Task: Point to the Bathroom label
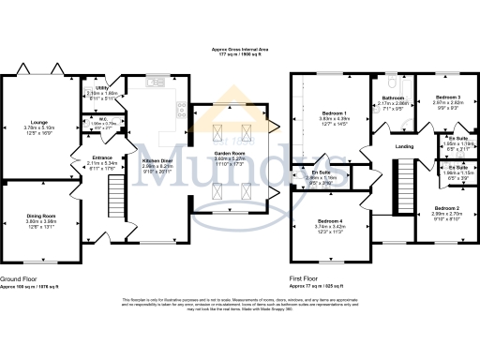tap(392, 97)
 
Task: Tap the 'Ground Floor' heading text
tap(19, 279)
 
